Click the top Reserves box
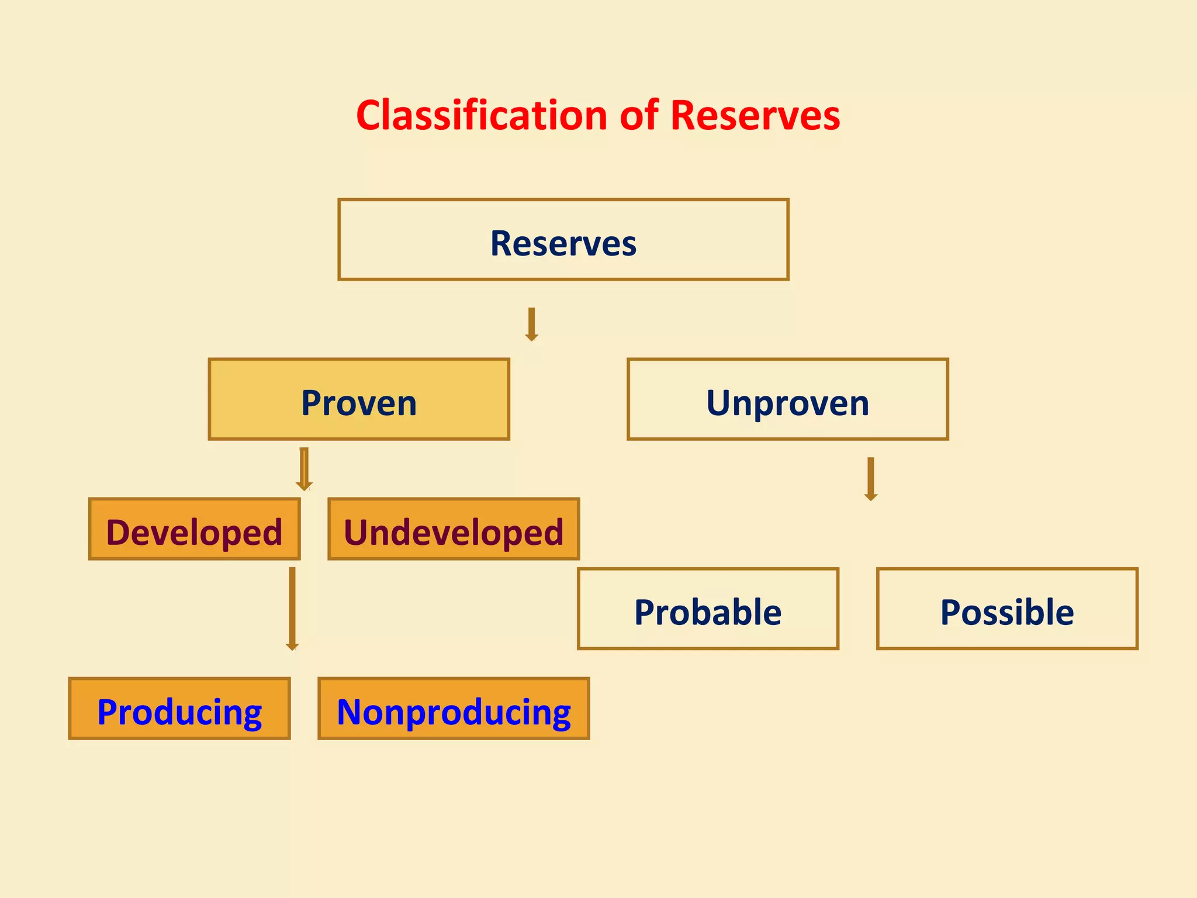click(x=563, y=240)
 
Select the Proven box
click(x=359, y=399)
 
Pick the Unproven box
click(x=787, y=399)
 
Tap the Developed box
click(x=194, y=530)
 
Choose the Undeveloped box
click(x=454, y=530)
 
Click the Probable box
click(x=708, y=609)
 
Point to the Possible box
click(x=1007, y=609)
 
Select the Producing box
click(x=179, y=709)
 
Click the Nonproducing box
click(x=454, y=709)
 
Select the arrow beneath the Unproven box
click(x=871, y=479)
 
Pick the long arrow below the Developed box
click(x=292, y=608)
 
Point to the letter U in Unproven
click(x=719, y=403)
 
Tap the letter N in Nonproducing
click(x=351, y=713)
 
